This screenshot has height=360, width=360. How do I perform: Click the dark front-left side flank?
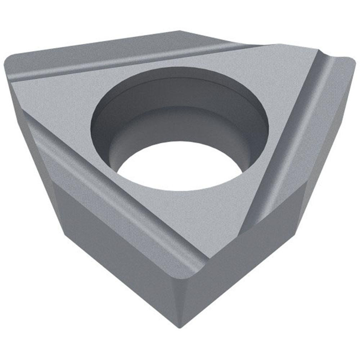(108, 252)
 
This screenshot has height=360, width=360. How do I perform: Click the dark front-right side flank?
(259, 252)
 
